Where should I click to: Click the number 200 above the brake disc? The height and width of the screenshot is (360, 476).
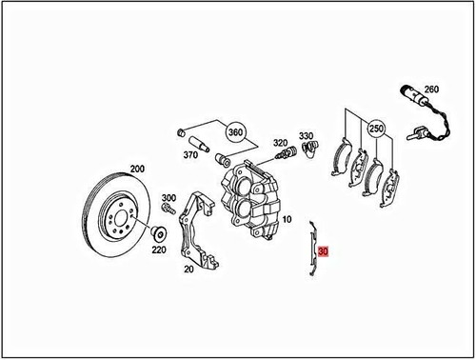[136, 169]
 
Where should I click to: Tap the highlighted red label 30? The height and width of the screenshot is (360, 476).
[325, 253]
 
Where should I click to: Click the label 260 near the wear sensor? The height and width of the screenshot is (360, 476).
[431, 90]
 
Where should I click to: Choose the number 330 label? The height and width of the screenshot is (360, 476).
[306, 136]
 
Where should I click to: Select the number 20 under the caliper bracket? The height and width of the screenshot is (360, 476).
[188, 270]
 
